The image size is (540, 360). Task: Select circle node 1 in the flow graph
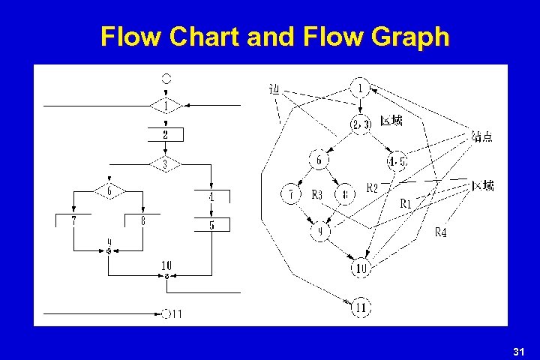pyautogui.click(x=360, y=88)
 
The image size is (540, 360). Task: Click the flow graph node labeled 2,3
pyautogui.click(x=360, y=124)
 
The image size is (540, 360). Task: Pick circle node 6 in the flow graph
pyautogui.click(x=319, y=160)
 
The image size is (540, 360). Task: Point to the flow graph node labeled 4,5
pyautogui.click(x=397, y=161)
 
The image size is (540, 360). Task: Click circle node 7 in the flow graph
pyautogui.click(x=290, y=195)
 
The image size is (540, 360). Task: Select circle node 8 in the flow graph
pyautogui.click(x=345, y=195)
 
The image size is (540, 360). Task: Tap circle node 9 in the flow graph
pyautogui.click(x=319, y=232)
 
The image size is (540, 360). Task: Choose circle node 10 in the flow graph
pyautogui.click(x=360, y=268)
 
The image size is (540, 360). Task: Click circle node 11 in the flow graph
pyautogui.click(x=361, y=306)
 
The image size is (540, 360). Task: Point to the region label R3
pyautogui.click(x=316, y=195)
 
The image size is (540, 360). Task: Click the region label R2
pyautogui.click(x=372, y=187)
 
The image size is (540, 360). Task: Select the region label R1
pyautogui.click(x=405, y=202)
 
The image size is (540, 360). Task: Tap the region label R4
pyautogui.click(x=442, y=233)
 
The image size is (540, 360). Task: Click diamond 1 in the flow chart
pyautogui.click(x=166, y=106)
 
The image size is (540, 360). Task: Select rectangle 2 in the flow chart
pyautogui.click(x=166, y=135)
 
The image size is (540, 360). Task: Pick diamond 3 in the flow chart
pyautogui.click(x=165, y=163)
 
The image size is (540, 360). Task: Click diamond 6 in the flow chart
pyautogui.click(x=109, y=191)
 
